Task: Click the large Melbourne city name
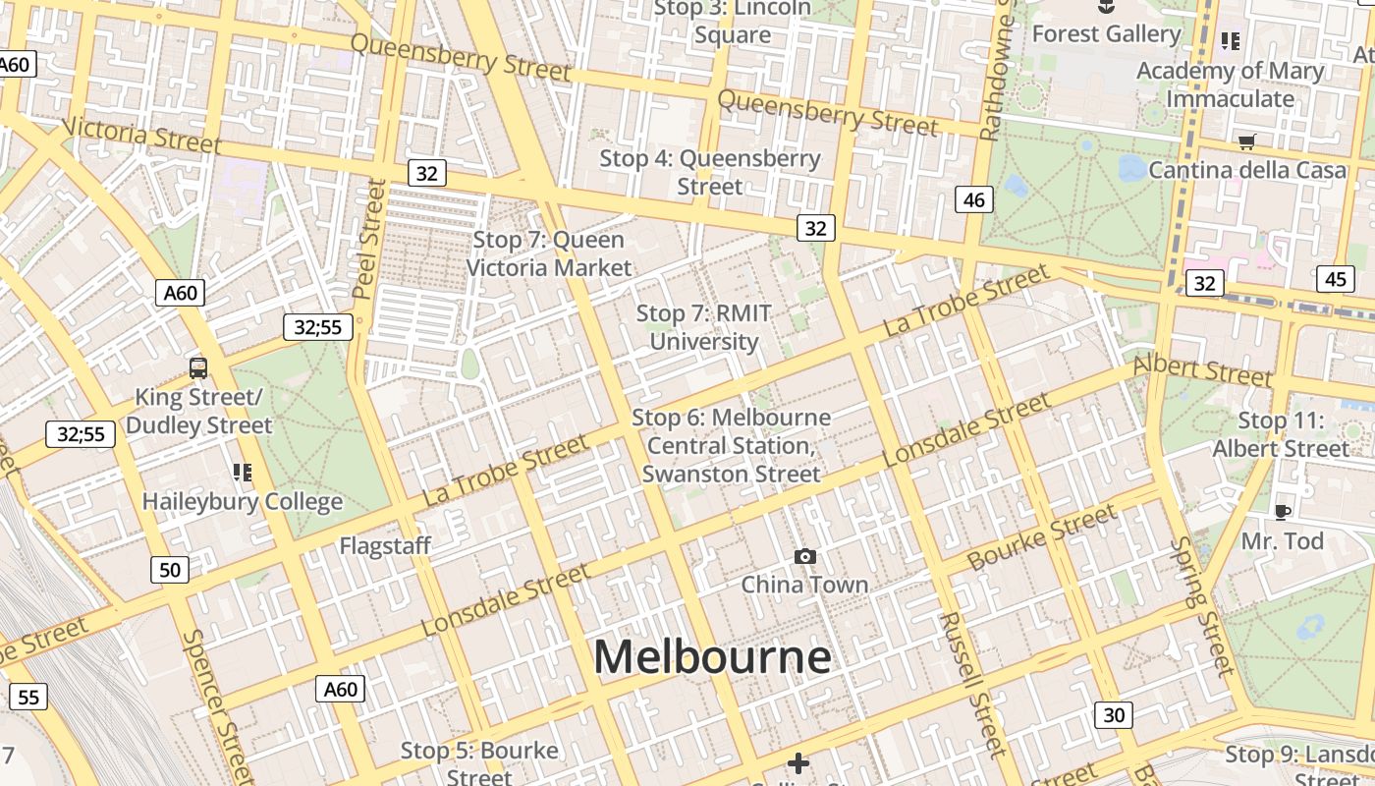tap(712, 657)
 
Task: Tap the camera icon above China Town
tap(805, 557)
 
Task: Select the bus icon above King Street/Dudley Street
tap(198, 368)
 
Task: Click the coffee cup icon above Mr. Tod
tap(1282, 512)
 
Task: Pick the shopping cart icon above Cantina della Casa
tap(1246, 141)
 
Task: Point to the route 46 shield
tap(973, 200)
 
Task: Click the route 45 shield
tap(1335, 279)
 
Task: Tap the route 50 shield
tap(170, 570)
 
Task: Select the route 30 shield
tap(1113, 715)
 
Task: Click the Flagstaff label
tap(385, 546)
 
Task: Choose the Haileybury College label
tap(243, 501)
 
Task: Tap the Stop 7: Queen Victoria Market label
tap(549, 253)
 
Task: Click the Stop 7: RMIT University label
tap(704, 327)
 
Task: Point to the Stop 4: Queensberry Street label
tap(710, 172)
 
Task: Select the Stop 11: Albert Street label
tap(1281, 434)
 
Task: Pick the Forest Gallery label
tap(1106, 34)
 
